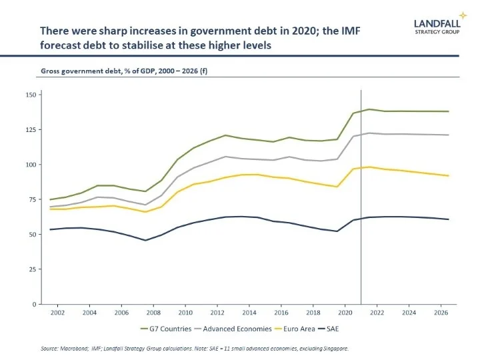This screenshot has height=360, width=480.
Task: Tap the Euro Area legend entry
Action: pos(307,329)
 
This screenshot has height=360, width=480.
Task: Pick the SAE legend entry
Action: pos(351,329)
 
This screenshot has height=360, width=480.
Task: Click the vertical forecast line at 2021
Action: pos(361,200)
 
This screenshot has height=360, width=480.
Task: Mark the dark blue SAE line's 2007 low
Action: pos(145,240)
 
